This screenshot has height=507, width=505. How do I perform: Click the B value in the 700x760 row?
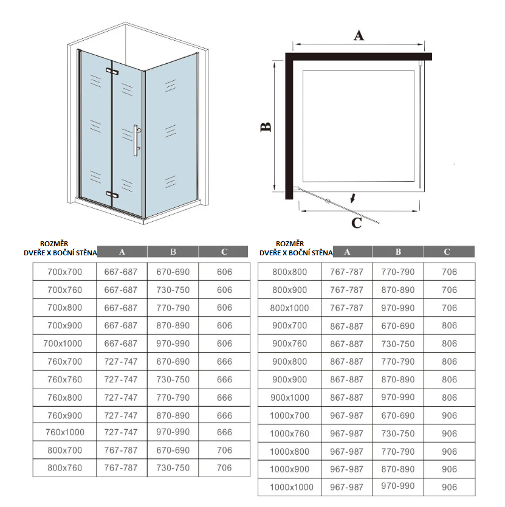(x=173, y=290)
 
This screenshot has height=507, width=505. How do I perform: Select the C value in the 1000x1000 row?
(x=450, y=487)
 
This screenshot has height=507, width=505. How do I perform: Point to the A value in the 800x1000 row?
(x=346, y=308)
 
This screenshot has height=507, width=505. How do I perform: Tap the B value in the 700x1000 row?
(x=173, y=343)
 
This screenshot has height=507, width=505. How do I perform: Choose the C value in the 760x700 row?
(x=224, y=362)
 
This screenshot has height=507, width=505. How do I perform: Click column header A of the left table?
(x=122, y=252)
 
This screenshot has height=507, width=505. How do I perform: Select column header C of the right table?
(x=447, y=252)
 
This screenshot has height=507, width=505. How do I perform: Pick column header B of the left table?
(x=173, y=252)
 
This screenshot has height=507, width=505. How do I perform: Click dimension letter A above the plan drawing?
(x=359, y=36)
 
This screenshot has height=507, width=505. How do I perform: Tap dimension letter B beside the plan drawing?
(x=266, y=126)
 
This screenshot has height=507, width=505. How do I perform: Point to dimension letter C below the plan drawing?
(x=357, y=223)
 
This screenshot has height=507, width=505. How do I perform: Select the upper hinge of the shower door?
(x=111, y=71)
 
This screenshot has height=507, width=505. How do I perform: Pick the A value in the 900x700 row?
(x=346, y=326)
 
